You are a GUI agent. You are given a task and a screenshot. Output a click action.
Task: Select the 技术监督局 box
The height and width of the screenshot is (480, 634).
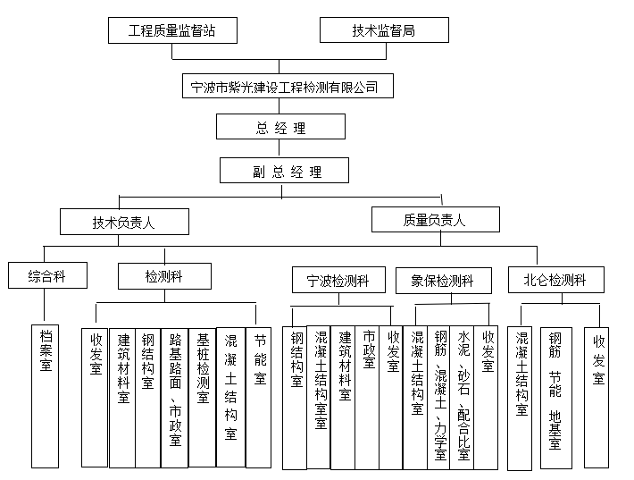(x=382, y=30)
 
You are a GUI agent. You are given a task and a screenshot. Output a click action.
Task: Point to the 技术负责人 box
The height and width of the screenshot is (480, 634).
(x=124, y=222)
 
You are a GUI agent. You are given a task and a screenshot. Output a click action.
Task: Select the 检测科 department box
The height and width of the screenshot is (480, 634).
(x=164, y=276)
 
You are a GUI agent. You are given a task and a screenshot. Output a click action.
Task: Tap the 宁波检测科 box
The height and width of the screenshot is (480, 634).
(x=340, y=280)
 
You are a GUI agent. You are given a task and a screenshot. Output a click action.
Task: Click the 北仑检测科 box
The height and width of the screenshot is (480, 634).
(x=555, y=279)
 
